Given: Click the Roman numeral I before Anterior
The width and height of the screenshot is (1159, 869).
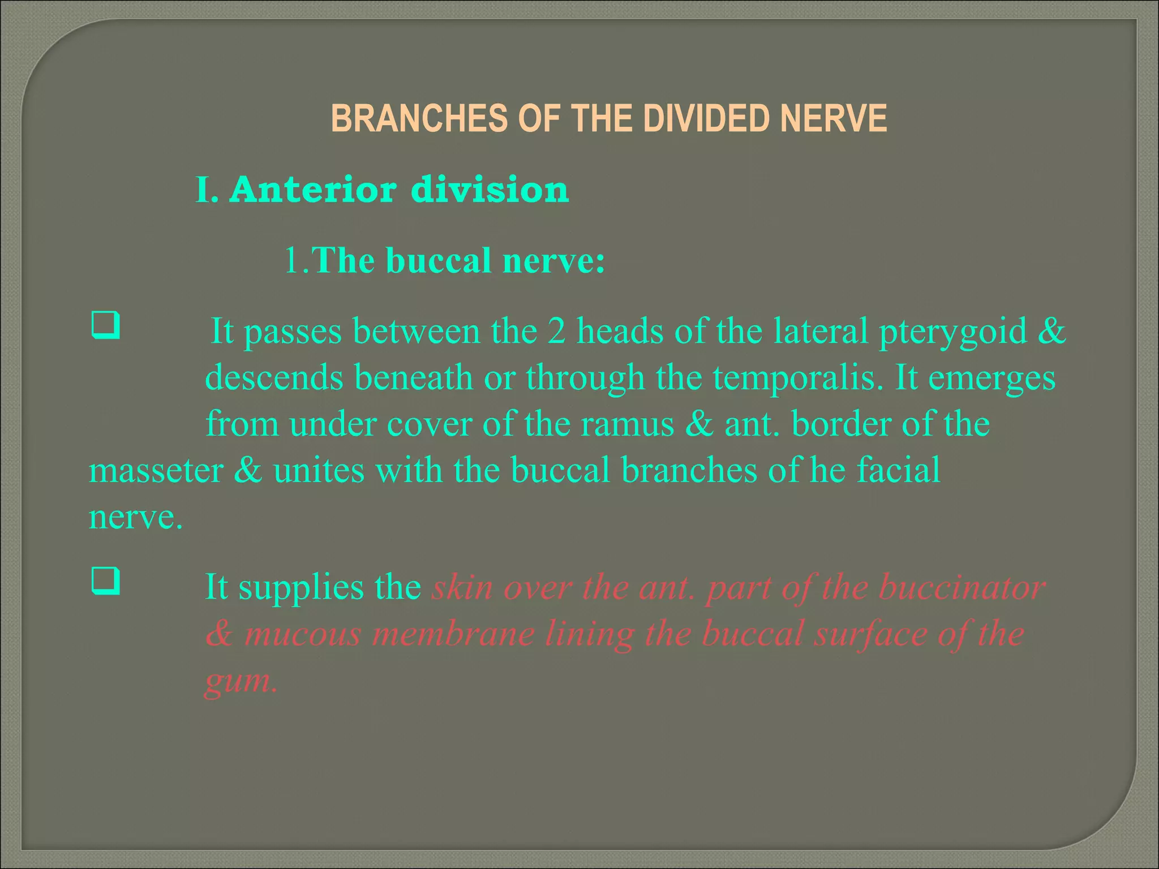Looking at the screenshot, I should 205,190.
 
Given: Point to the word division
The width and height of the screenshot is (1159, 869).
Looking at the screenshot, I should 490,190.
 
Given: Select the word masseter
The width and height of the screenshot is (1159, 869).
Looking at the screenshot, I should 156,470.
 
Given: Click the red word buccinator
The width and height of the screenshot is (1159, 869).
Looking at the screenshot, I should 961,587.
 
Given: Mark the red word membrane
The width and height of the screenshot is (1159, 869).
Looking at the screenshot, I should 453,634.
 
